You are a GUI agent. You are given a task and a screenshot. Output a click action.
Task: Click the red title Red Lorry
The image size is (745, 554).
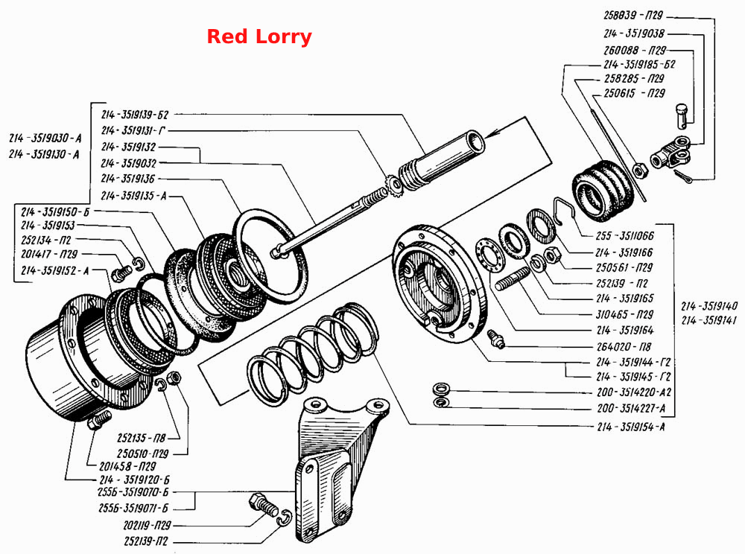(259, 36)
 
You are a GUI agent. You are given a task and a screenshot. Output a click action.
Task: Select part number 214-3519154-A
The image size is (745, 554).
(630, 427)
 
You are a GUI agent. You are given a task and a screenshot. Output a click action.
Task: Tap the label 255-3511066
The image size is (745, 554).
(624, 235)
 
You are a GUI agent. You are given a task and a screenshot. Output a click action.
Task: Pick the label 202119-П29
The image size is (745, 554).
(147, 525)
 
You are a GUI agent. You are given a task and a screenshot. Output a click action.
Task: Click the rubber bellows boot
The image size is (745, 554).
(603, 191)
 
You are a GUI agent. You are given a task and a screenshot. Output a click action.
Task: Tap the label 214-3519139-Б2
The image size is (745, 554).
(134, 115)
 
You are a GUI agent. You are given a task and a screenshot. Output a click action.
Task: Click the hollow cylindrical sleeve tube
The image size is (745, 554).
(442, 156)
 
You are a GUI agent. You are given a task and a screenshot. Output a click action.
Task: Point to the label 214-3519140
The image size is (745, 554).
(709, 306)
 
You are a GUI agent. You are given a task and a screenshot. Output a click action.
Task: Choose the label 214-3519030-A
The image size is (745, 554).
(45, 138)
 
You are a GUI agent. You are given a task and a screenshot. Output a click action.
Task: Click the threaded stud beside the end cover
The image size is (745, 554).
(513, 278)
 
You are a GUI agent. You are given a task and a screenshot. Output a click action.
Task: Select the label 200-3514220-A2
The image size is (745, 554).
(634, 392)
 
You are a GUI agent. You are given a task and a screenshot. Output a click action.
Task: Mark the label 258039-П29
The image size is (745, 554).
(633, 15)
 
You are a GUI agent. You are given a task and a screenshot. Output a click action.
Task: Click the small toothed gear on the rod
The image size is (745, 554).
(394, 184)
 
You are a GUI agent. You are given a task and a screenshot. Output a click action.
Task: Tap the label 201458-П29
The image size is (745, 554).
(127, 466)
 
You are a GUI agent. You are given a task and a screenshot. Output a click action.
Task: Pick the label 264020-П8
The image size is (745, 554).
(624, 346)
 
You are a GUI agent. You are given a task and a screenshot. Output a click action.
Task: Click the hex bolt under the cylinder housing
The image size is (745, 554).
(99, 420)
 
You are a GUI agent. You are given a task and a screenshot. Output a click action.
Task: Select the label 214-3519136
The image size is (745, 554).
(128, 179)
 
